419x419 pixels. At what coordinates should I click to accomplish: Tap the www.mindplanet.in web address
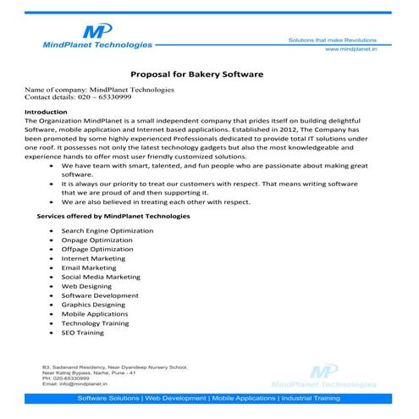click(350, 51)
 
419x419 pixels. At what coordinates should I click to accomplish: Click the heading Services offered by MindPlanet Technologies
click(113, 217)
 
